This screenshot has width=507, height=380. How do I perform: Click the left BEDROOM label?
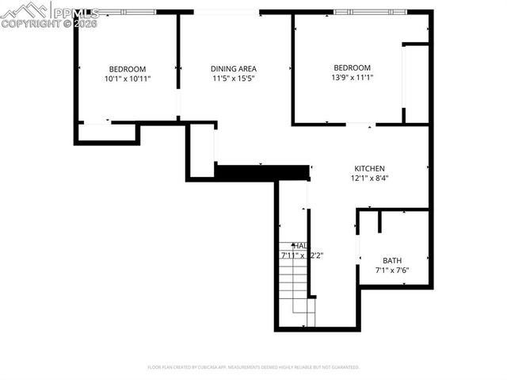coord(127,69)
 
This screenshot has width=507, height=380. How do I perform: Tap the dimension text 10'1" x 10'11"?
coord(127,79)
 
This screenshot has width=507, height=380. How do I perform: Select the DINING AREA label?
coord(233,69)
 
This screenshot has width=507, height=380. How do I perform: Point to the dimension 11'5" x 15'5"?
coord(233,79)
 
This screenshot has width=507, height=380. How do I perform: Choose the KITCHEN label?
coord(369,168)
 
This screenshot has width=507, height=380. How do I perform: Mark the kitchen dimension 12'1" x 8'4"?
coord(369,178)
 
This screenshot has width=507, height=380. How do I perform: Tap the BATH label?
coord(392,260)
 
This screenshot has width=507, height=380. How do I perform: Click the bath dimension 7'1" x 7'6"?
coord(392,271)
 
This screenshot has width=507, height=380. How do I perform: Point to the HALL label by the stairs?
coord(299,246)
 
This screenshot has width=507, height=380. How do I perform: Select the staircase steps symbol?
coord(295,282)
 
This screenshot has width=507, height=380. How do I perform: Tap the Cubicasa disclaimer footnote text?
coord(253,367)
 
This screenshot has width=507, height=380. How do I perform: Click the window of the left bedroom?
coord(122,12)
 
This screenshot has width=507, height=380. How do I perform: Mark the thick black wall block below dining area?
coord(261,172)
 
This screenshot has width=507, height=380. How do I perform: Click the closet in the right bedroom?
coord(417,83)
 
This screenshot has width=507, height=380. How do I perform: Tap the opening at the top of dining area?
coord(227,12)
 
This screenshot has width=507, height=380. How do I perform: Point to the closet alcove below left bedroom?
coord(107,132)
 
